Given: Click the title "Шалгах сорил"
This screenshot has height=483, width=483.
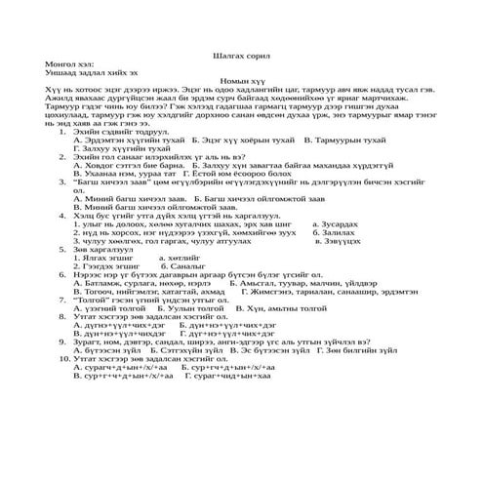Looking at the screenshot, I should pos(241,57).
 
